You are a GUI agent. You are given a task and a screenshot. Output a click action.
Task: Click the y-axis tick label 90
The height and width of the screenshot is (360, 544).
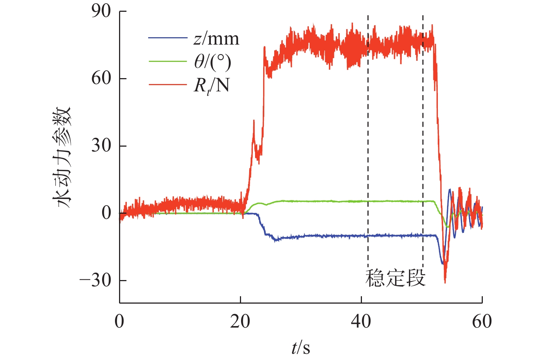[x=101, y=11]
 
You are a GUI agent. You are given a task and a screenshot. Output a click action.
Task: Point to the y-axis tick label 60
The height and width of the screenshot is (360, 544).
[x=101, y=78]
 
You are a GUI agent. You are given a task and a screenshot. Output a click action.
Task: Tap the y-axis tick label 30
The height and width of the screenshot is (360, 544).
[x=101, y=146]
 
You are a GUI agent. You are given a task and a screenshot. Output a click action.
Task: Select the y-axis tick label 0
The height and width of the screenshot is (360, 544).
[x=106, y=213]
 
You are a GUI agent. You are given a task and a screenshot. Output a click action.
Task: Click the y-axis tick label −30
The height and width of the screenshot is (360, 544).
[x=95, y=280]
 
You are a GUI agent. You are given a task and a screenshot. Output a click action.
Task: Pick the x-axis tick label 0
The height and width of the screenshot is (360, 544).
[x=119, y=322]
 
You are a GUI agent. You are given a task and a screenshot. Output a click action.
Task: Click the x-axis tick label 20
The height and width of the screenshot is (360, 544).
[x=240, y=322]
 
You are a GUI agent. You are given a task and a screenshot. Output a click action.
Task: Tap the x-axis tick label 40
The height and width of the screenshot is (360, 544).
[x=361, y=322]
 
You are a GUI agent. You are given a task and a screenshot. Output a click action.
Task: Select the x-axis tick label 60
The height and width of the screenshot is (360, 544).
[x=482, y=322]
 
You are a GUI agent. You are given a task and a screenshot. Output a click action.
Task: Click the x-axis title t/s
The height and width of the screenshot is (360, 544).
[x=301, y=347]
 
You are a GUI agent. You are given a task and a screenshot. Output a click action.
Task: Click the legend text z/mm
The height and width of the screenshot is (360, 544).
[x=216, y=39]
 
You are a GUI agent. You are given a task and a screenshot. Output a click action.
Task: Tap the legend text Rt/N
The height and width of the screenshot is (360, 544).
[x=211, y=86]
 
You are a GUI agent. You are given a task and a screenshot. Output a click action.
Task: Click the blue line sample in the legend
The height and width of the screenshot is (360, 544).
[x=168, y=38]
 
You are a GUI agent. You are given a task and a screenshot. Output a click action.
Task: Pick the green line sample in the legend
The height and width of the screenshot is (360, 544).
[x=168, y=61]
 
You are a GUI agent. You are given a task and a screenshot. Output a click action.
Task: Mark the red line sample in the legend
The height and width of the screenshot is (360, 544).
[x=168, y=85]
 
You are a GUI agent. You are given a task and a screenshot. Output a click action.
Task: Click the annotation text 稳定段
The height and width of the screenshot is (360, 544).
[x=395, y=278]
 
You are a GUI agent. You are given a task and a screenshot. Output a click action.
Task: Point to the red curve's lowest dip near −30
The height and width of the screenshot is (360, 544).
[x=445, y=282]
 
